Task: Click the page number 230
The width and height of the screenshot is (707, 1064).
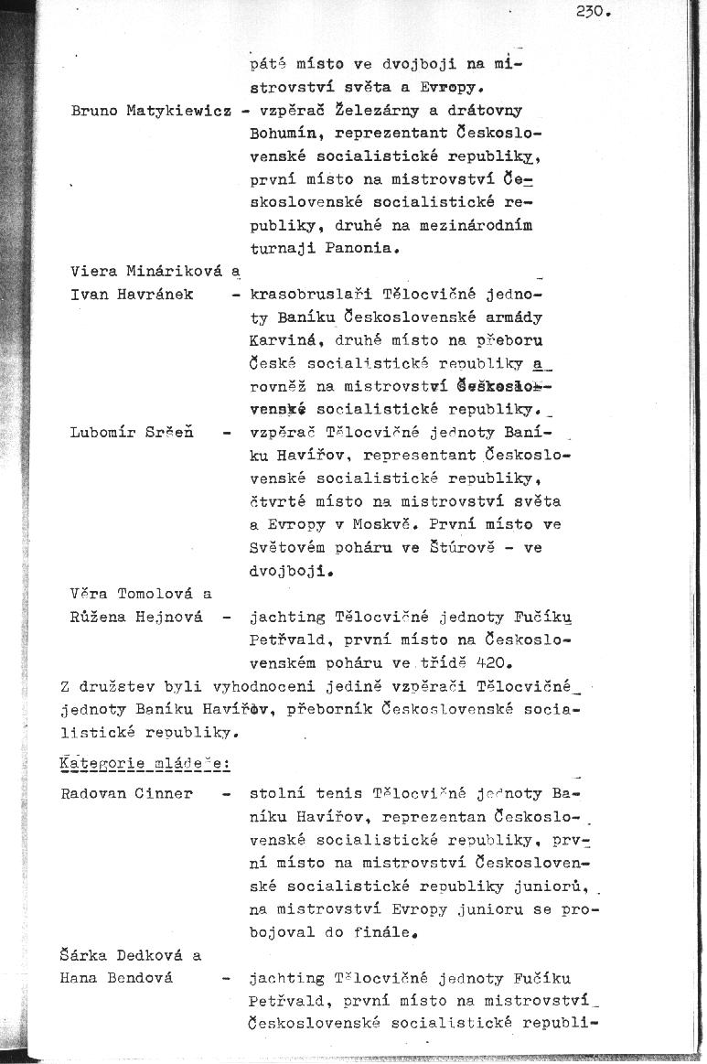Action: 593,12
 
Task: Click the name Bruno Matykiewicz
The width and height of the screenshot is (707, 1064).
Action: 149,111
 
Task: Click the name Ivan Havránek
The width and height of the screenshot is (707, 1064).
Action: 131,295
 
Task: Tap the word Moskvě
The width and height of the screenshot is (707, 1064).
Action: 531,501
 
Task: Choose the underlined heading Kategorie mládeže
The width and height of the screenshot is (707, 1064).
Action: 145,763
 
